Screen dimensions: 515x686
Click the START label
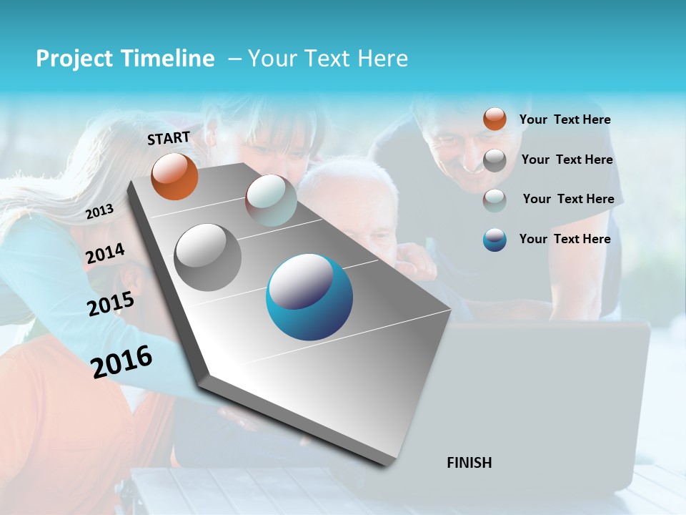[169, 138]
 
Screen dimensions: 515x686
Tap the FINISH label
[469, 463]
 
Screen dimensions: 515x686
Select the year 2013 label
[100, 211]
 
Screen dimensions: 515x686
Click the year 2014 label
[105, 254]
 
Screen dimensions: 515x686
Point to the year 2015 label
[111, 304]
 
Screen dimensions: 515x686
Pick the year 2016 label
[121, 360]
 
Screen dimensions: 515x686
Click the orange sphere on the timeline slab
[174, 176]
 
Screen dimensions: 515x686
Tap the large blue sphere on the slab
[309, 297]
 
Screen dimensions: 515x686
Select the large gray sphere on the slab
[207, 257]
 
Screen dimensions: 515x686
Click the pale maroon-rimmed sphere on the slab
[271, 200]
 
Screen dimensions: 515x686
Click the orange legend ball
[494, 119]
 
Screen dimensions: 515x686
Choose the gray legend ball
[494, 160]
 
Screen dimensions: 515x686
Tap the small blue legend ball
[494, 240]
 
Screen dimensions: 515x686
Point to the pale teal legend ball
[494, 200]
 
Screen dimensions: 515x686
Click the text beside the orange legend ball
[565, 119]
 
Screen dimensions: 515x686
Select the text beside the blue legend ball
[565, 239]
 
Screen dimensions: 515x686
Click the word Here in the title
[382, 59]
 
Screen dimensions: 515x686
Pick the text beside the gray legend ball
[567, 160]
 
